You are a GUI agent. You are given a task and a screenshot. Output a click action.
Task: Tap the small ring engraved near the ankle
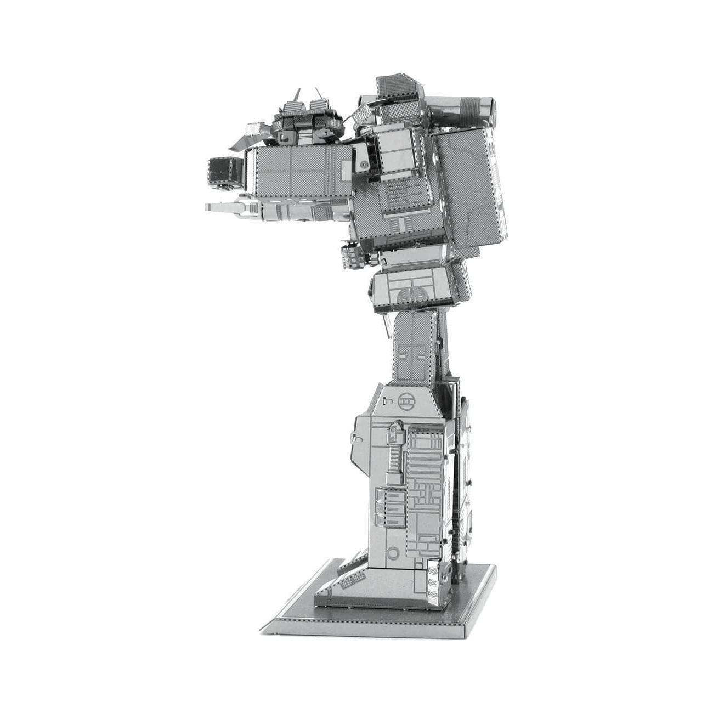(392, 551)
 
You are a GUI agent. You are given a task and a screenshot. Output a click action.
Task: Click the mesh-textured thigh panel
(414, 346)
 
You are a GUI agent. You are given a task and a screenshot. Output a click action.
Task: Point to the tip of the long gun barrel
(208, 207)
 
